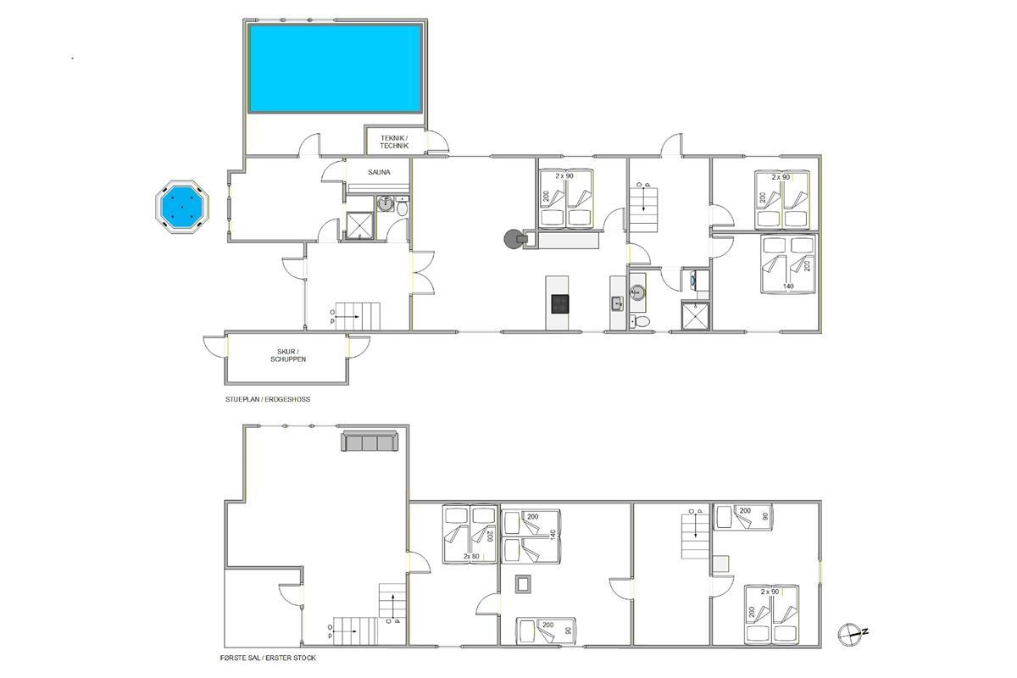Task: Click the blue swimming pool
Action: (x=335, y=69)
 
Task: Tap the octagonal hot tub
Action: (x=182, y=207)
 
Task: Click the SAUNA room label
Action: (x=379, y=172)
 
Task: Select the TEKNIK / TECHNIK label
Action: (x=394, y=142)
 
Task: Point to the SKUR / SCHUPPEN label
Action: (x=288, y=355)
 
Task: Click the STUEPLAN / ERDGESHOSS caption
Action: (x=268, y=399)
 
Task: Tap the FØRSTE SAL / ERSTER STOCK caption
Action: (x=268, y=658)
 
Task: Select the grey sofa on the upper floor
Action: (x=370, y=441)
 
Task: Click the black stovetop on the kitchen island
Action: (x=560, y=303)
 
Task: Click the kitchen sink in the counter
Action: (x=617, y=303)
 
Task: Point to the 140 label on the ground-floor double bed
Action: (x=788, y=286)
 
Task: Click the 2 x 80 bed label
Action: (x=471, y=556)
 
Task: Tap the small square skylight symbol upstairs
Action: (x=523, y=584)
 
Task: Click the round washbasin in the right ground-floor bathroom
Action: (x=637, y=292)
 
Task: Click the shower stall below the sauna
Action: (x=359, y=225)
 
